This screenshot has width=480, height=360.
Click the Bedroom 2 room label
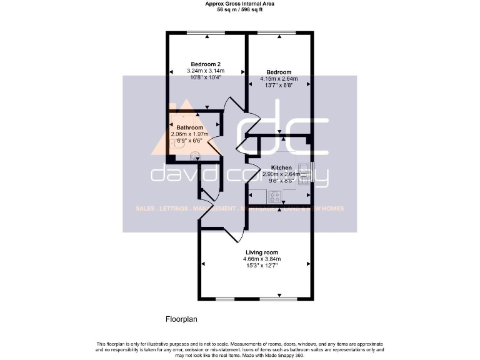pyautogui.click(x=206, y=64)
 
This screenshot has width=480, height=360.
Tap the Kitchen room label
pyautogui.click(x=281, y=167)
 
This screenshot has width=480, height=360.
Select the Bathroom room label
pyautogui.click(x=189, y=127)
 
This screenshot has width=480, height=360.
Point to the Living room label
pyautogui.click(x=262, y=252)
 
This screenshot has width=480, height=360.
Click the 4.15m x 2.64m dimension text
pyautogui.click(x=279, y=79)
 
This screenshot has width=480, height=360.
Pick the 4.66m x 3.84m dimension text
pyautogui.click(x=262, y=259)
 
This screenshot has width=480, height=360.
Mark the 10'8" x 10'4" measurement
pyautogui.click(x=206, y=78)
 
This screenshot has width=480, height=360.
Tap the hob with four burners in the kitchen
pyautogui.click(x=274, y=196)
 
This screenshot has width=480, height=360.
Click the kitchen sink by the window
pyautogui.click(x=304, y=174)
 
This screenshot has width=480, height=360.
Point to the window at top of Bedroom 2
pyautogui.click(x=206, y=32)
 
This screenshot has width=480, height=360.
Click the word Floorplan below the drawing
pyautogui.click(x=181, y=319)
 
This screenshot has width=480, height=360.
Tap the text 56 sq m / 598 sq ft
pyautogui.click(x=240, y=10)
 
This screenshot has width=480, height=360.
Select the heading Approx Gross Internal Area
pyautogui.click(x=240, y=4)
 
